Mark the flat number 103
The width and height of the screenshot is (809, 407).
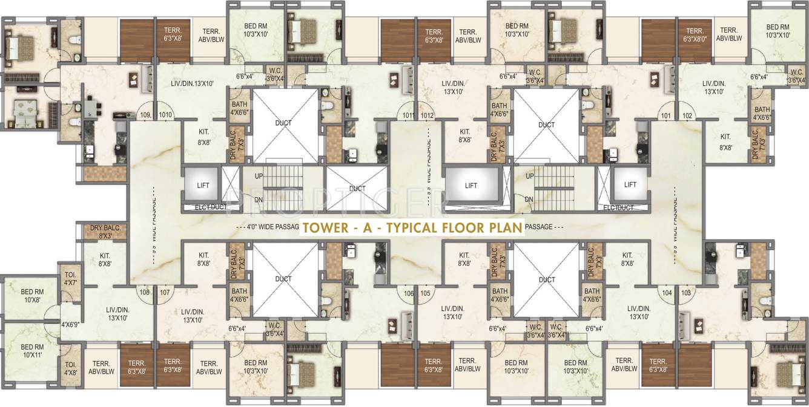[685, 292]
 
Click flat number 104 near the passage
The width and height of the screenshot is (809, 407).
[667, 292]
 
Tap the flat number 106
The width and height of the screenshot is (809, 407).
[408, 293]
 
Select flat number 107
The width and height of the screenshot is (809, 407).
[164, 293]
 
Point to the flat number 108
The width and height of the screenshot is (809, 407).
[144, 293]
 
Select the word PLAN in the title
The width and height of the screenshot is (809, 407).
[503, 228]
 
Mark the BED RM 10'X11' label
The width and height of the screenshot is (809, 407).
[32, 351]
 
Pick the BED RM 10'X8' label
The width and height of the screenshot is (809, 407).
[32, 296]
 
